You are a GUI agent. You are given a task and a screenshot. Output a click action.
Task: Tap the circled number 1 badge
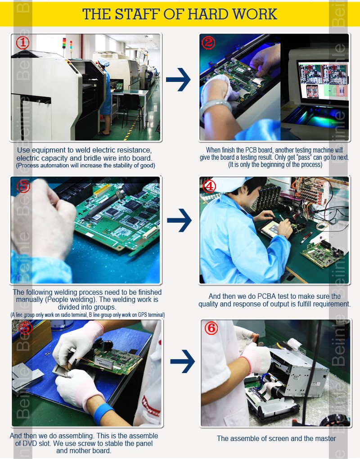click(22, 43)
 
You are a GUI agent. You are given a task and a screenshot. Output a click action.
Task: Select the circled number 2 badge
click(208, 43)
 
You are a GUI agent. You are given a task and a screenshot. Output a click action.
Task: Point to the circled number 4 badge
click(210, 186)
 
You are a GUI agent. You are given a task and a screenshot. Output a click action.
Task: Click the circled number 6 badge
click(211, 328)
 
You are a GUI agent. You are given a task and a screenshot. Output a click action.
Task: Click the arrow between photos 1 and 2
click(178, 79)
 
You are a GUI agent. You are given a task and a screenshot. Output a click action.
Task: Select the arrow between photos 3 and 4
click(179, 220)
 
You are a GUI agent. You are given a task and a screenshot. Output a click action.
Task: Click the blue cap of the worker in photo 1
click(103, 62)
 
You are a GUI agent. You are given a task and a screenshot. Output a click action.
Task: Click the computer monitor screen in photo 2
click(323, 81)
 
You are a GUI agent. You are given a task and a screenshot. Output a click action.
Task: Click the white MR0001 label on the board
click(103, 365)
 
